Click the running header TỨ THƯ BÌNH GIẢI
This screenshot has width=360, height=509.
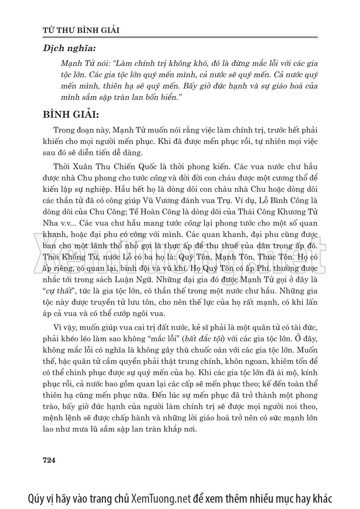(x=81, y=30)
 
